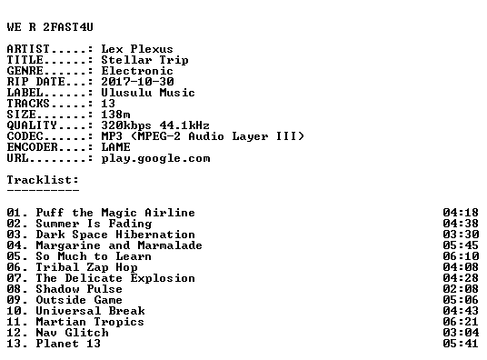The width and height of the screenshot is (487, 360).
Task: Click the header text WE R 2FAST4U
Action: [50, 27]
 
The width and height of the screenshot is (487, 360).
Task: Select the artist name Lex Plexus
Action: [137, 49]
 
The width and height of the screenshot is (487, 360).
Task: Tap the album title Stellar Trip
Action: [144, 60]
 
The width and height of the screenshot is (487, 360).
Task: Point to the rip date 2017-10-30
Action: [137, 82]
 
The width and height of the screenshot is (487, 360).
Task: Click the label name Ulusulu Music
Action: [148, 93]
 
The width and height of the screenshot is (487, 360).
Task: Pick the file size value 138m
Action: [115, 115]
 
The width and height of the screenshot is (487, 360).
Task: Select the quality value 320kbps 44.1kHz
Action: [155, 125]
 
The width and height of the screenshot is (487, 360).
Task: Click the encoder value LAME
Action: [115, 147]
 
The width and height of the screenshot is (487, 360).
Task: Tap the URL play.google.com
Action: [155, 158]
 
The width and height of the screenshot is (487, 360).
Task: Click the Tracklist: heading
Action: [43, 180]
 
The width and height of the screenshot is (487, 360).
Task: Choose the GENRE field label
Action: [25, 71]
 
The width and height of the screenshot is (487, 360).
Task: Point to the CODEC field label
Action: [25, 136]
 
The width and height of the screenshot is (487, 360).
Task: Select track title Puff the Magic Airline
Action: [115, 213]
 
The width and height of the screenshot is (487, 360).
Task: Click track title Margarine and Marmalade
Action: [119, 245]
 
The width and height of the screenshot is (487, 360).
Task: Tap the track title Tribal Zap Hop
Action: [86, 267]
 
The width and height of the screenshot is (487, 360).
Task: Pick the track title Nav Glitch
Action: [73, 333]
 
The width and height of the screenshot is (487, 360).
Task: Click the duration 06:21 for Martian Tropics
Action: [461, 322]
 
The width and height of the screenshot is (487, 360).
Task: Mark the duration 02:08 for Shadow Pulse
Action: [461, 289]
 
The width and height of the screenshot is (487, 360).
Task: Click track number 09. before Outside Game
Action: [17, 300]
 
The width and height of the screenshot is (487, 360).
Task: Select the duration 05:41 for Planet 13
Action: [461, 344]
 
